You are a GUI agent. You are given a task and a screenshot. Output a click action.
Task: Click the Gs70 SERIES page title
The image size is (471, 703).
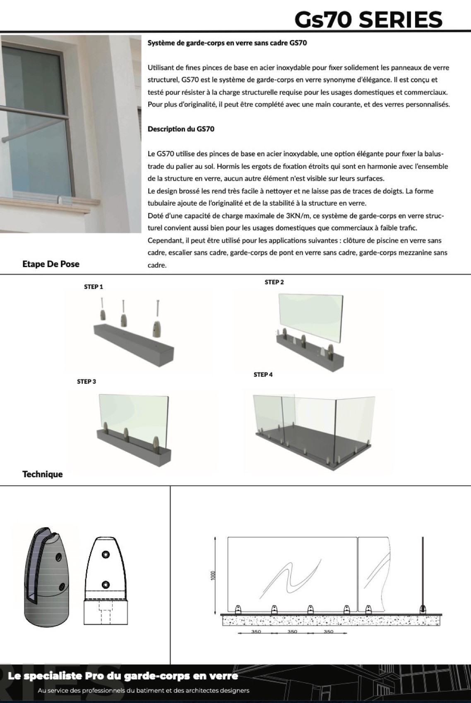(368, 19)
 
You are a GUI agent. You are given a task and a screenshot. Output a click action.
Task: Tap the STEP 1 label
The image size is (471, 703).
(94, 287)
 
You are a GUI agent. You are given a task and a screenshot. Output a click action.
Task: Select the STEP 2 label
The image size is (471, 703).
(274, 282)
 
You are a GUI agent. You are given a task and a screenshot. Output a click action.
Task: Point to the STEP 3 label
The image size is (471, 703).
(87, 381)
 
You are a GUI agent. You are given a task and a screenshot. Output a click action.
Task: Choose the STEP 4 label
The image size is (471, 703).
(263, 375)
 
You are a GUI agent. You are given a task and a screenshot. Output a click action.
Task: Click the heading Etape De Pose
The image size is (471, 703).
(50, 264)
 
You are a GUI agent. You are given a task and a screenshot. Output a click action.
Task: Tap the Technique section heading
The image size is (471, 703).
(43, 474)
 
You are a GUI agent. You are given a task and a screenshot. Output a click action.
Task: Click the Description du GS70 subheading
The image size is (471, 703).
(181, 129)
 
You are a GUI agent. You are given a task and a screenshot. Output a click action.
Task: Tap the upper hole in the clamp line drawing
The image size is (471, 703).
(106, 554)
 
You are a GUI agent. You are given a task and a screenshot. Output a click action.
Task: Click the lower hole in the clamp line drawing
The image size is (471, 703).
(106, 584)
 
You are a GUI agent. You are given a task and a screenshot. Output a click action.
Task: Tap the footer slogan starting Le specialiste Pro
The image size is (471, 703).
(123, 676)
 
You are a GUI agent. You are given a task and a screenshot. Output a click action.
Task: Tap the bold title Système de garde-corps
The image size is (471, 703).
(227, 43)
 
